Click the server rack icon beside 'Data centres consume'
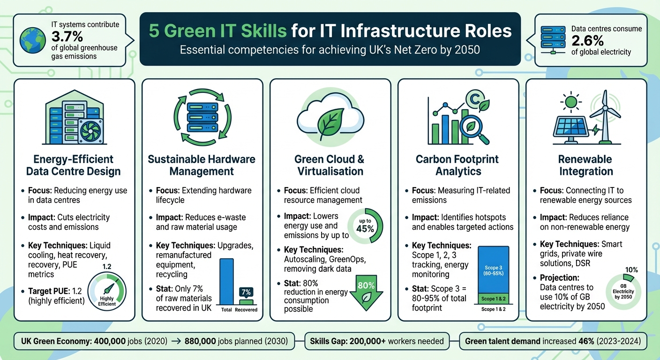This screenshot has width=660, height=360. point(553,39)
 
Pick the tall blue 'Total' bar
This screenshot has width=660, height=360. point(226,281)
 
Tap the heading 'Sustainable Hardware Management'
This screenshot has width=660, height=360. point(202,165)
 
